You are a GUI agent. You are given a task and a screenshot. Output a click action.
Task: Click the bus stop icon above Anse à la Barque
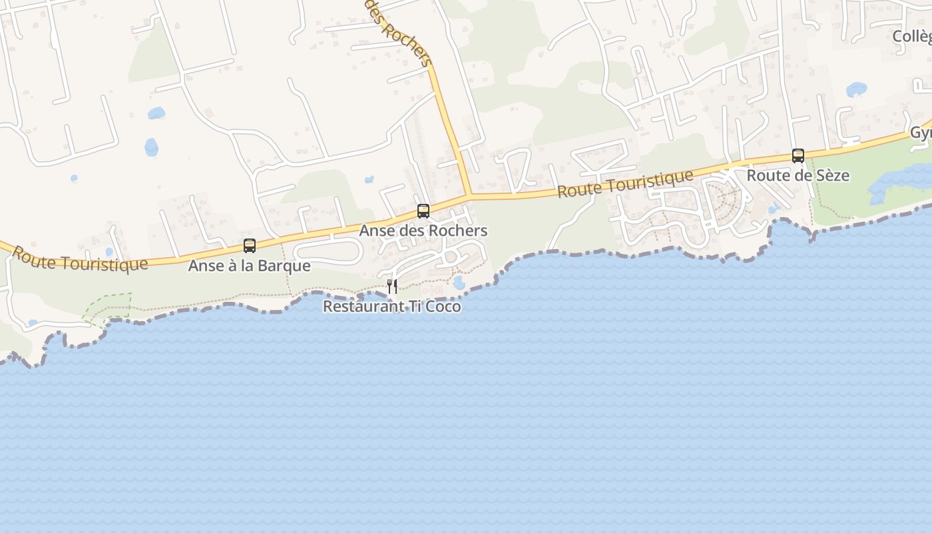pos(250,245)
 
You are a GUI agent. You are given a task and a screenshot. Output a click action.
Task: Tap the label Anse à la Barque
pos(249,266)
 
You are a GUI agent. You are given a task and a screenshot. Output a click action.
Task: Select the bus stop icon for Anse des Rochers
pos(423,211)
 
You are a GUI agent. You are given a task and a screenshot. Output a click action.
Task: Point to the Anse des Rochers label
pos(423,231)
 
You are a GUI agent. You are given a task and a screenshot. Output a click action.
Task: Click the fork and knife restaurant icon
pos(392,286)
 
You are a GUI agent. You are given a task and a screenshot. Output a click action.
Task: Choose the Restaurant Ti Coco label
pos(391,306)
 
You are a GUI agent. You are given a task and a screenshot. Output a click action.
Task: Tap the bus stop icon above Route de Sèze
pos(798,156)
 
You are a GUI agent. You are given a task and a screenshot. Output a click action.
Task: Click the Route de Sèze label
pos(798,176)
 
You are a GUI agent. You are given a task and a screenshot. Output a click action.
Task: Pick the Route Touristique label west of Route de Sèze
pos(625,183)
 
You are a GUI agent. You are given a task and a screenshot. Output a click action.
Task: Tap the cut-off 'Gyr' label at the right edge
pos(921,133)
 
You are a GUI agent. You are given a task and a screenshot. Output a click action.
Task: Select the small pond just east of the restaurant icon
pos(459,282)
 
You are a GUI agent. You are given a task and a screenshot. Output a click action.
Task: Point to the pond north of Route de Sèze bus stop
pos(856,89)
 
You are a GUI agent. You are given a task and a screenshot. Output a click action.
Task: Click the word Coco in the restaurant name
pos(443,306)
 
